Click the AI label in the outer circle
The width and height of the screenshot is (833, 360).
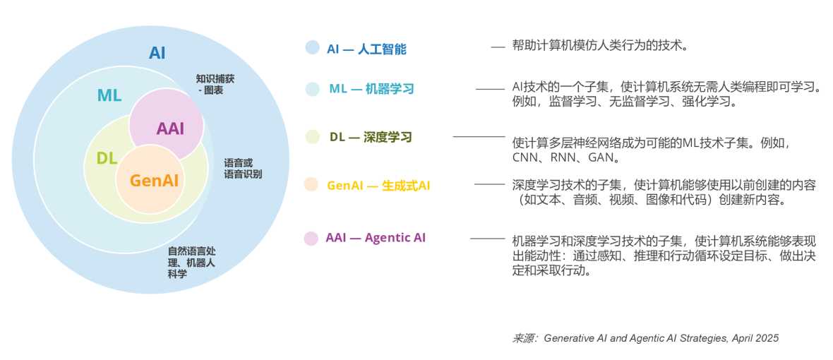coord(157,53)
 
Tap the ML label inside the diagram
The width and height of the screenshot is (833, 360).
coord(109,95)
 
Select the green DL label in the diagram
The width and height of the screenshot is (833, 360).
coord(107,158)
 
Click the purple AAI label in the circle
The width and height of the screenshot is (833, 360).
coord(170,128)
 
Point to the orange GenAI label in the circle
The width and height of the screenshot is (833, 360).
coord(154,180)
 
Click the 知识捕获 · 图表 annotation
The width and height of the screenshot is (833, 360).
coord(215,85)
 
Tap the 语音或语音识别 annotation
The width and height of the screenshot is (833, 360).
coord(242,168)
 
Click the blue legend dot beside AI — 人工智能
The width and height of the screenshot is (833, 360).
coord(312,47)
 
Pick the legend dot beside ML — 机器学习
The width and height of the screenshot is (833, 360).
coord(312,89)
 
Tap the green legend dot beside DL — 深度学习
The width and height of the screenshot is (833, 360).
coord(312,137)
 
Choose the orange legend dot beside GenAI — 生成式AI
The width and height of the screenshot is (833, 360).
coord(311,185)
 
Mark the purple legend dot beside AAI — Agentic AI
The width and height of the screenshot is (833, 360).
coord(311,239)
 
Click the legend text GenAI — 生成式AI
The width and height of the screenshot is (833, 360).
coord(378,186)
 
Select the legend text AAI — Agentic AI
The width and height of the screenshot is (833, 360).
coord(376,238)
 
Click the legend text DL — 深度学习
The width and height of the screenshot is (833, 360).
coord(371,137)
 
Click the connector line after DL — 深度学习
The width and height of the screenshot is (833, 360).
coord(479,136)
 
